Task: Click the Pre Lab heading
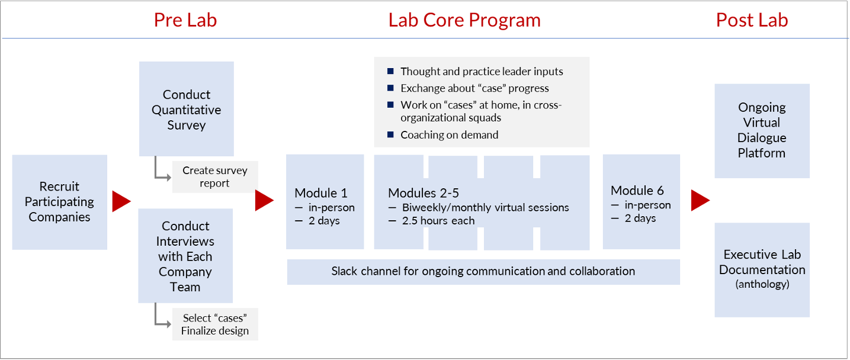185,20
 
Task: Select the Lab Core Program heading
464,20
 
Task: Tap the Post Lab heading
752,20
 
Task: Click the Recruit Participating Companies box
59,202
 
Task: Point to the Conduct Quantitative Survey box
186,110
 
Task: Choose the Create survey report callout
214,176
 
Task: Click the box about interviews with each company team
185,256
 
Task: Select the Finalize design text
215,331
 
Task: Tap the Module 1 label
321,193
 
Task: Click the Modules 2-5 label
424,193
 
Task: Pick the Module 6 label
637,191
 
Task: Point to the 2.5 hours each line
438,221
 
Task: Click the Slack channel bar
483,271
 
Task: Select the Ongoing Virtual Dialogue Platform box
762,130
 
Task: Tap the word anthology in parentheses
762,284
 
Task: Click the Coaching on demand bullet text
449,135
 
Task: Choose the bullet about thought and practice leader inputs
482,72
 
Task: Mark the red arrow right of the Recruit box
121,201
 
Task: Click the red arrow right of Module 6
700,200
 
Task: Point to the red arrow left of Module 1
264,201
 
